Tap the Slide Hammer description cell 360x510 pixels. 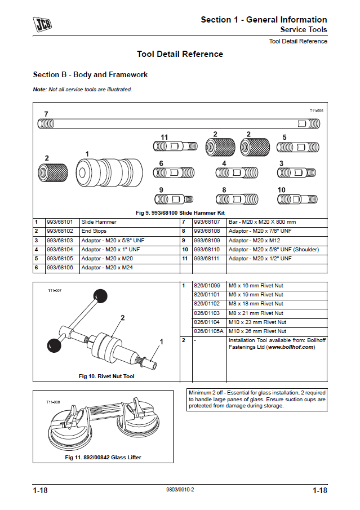click(99, 222)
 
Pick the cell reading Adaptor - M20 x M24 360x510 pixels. click(107, 268)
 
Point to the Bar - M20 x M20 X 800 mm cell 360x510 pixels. click(262, 222)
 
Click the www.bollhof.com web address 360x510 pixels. click(291, 347)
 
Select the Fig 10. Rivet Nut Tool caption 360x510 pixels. click(106, 376)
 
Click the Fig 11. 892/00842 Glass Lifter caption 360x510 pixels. click(103, 458)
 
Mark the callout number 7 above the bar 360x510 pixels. click(46, 114)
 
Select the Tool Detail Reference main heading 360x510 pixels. click(180, 55)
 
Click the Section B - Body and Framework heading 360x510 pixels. click(90, 75)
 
